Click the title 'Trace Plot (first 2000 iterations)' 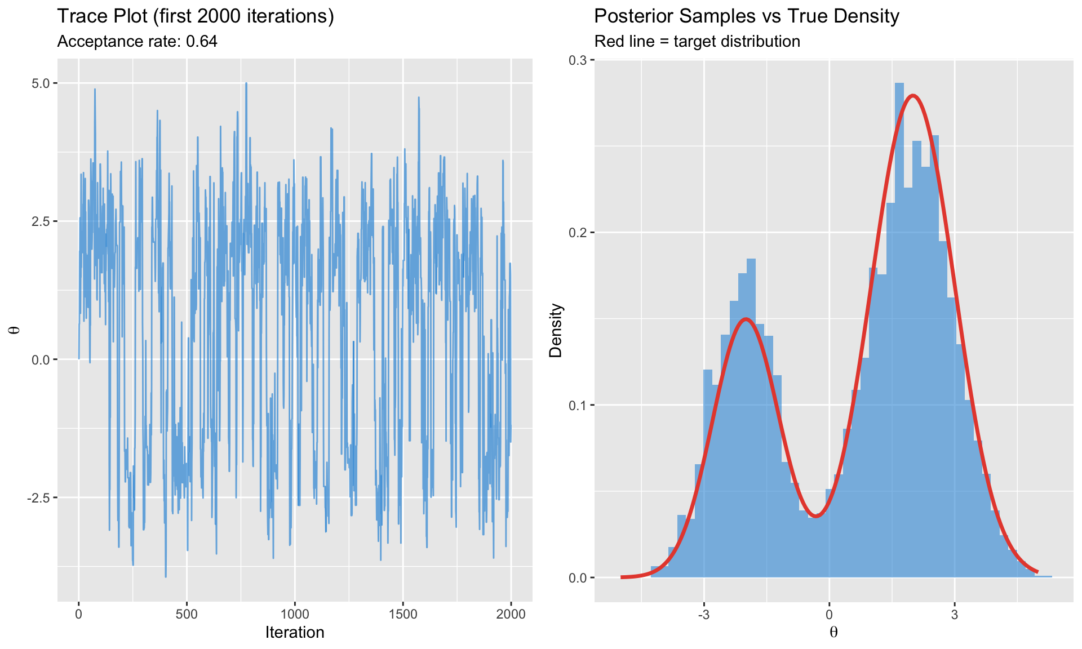coord(196,16)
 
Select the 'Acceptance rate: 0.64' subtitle coord(138,42)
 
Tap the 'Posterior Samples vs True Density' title coord(746,16)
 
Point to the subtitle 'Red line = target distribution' coord(697,42)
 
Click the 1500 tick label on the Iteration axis coord(402,614)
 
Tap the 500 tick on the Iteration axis coord(187,614)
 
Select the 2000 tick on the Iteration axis coord(511,614)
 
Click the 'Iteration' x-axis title coord(295,633)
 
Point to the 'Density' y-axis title coord(556,331)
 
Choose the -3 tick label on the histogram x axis coord(703,614)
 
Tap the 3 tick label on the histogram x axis coord(954,614)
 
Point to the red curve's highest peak coord(913,95)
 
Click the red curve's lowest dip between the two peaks coord(815,516)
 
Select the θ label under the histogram coord(833,633)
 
